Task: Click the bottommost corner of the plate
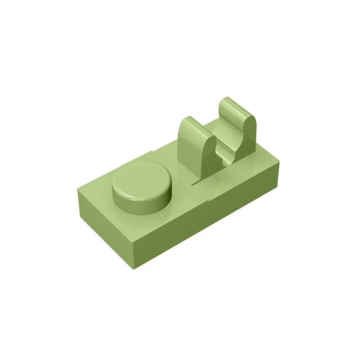pos(135,269)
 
